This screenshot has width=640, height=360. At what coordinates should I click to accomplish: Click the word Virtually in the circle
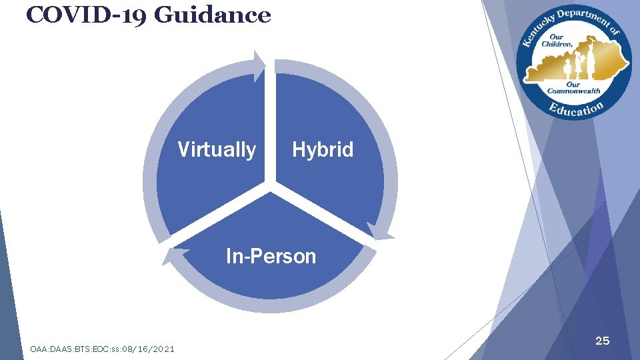click(x=217, y=150)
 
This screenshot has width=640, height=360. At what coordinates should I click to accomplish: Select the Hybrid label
click(x=323, y=150)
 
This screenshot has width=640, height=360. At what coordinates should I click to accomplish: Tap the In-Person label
click(x=271, y=256)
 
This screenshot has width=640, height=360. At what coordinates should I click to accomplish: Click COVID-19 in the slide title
click(x=87, y=14)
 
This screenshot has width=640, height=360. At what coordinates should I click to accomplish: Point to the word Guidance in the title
click(x=213, y=14)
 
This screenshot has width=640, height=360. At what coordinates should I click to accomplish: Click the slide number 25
click(x=602, y=341)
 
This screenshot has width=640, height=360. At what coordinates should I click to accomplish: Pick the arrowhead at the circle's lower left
click(x=171, y=255)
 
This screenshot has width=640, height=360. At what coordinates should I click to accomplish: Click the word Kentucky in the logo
click(x=534, y=31)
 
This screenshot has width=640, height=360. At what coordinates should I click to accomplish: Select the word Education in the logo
click(x=577, y=109)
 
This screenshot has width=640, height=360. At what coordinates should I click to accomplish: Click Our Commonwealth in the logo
click(x=573, y=88)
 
